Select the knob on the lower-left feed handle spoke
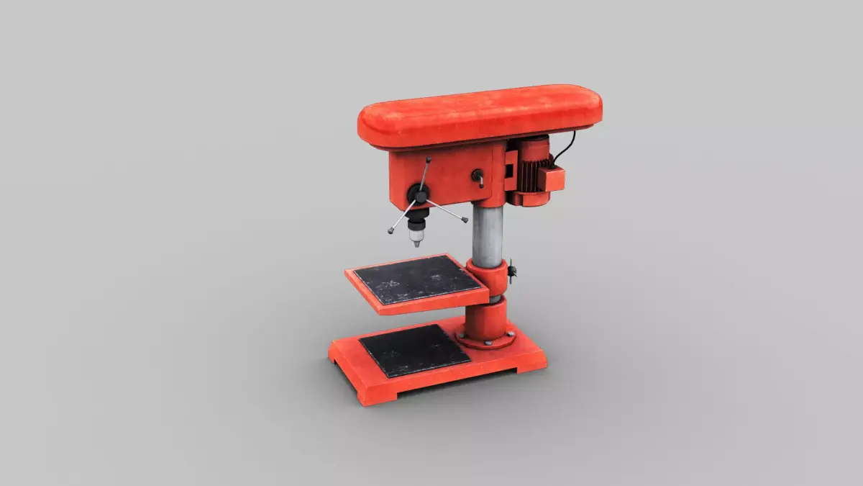(391, 231)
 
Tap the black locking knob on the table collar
(512, 271)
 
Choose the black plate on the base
(414, 350)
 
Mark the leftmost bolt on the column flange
(460, 335)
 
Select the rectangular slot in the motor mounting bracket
(510, 173)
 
